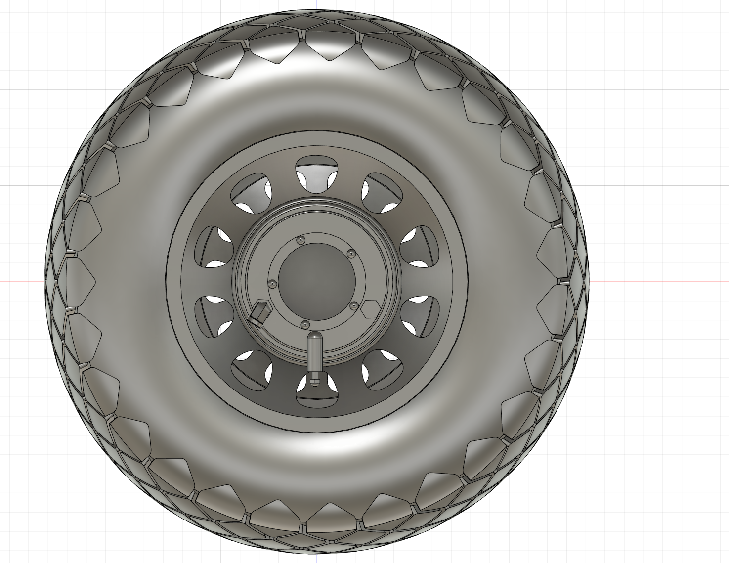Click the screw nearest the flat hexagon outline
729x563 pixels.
(353, 305)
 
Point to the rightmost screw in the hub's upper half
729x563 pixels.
(351, 254)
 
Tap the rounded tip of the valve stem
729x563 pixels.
(315, 337)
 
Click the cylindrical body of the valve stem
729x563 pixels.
(315, 356)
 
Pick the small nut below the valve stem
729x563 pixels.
(315, 380)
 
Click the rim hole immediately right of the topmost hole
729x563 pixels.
(382, 193)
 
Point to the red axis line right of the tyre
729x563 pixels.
(657, 282)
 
